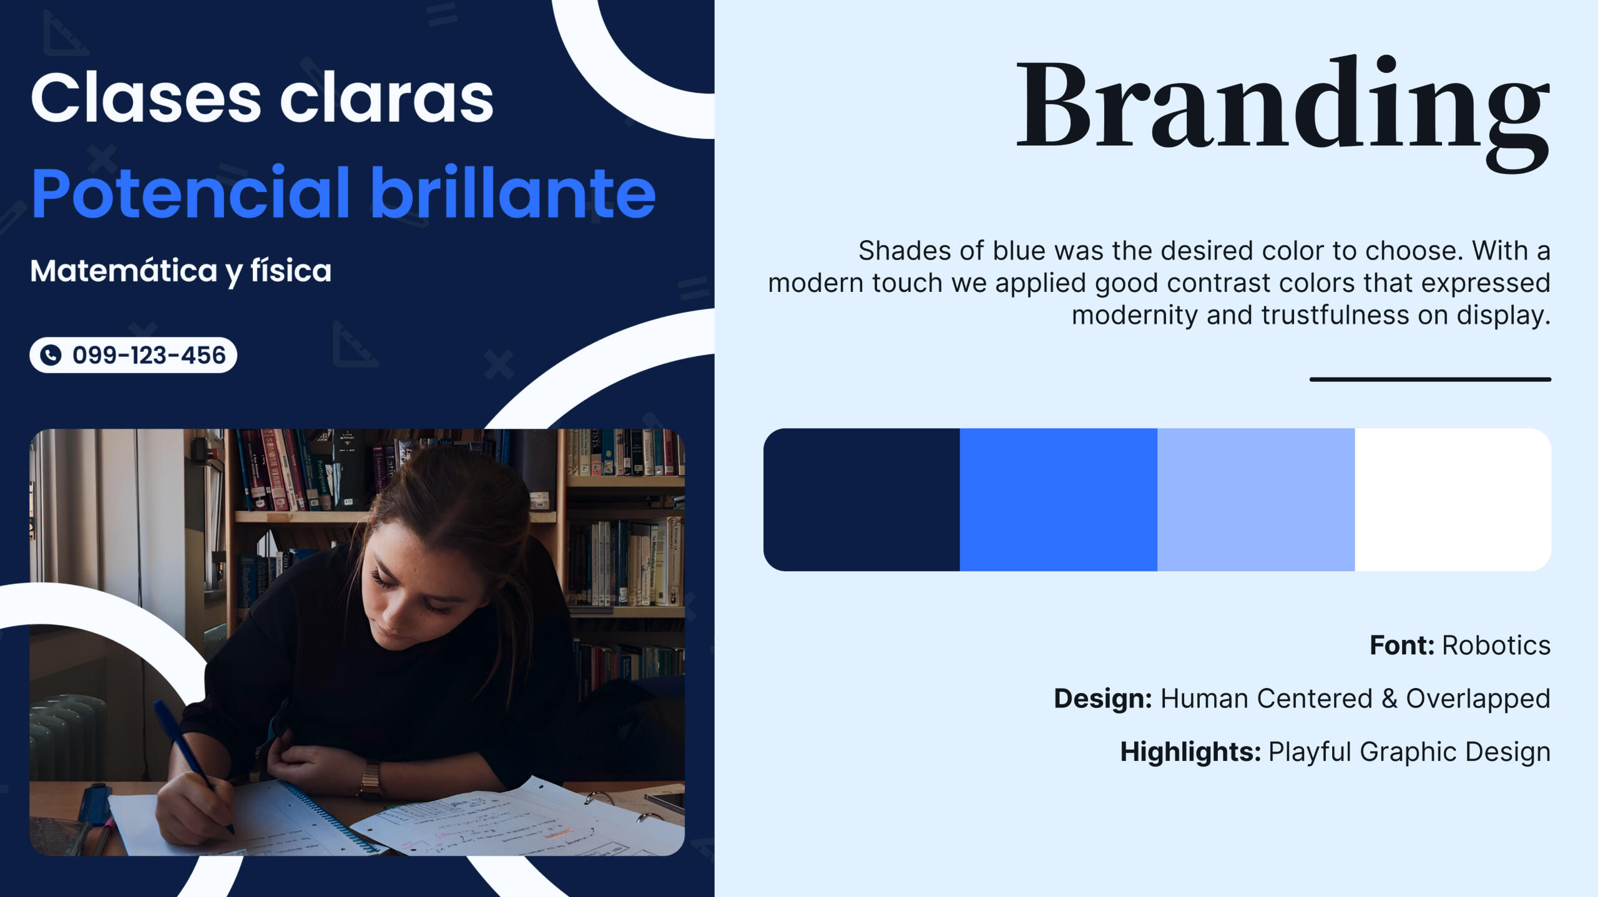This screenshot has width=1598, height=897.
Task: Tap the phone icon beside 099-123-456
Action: click(x=51, y=355)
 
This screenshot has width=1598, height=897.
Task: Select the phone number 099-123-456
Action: click(x=149, y=355)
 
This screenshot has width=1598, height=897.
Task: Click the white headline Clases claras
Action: click(x=262, y=98)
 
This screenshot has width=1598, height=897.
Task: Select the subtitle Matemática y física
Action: click(x=181, y=271)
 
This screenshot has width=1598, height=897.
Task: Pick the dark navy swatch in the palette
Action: click(x=861, y=500)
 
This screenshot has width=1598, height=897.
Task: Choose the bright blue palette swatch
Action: click(x=1059, y=500)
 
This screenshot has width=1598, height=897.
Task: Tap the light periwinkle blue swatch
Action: click(x=1256, y=500)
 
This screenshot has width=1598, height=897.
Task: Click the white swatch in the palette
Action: click(x=1453, y=500)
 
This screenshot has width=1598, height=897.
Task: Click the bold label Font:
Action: click(x=1402, y=646)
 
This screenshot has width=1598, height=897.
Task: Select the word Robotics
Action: click(x=1496, y=646)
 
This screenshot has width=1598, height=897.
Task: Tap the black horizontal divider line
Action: click(x=1430, y=379)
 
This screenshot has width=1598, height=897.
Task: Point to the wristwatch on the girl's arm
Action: click(x=371, y=780)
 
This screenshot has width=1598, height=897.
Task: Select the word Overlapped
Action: click(x=1478, y=699)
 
